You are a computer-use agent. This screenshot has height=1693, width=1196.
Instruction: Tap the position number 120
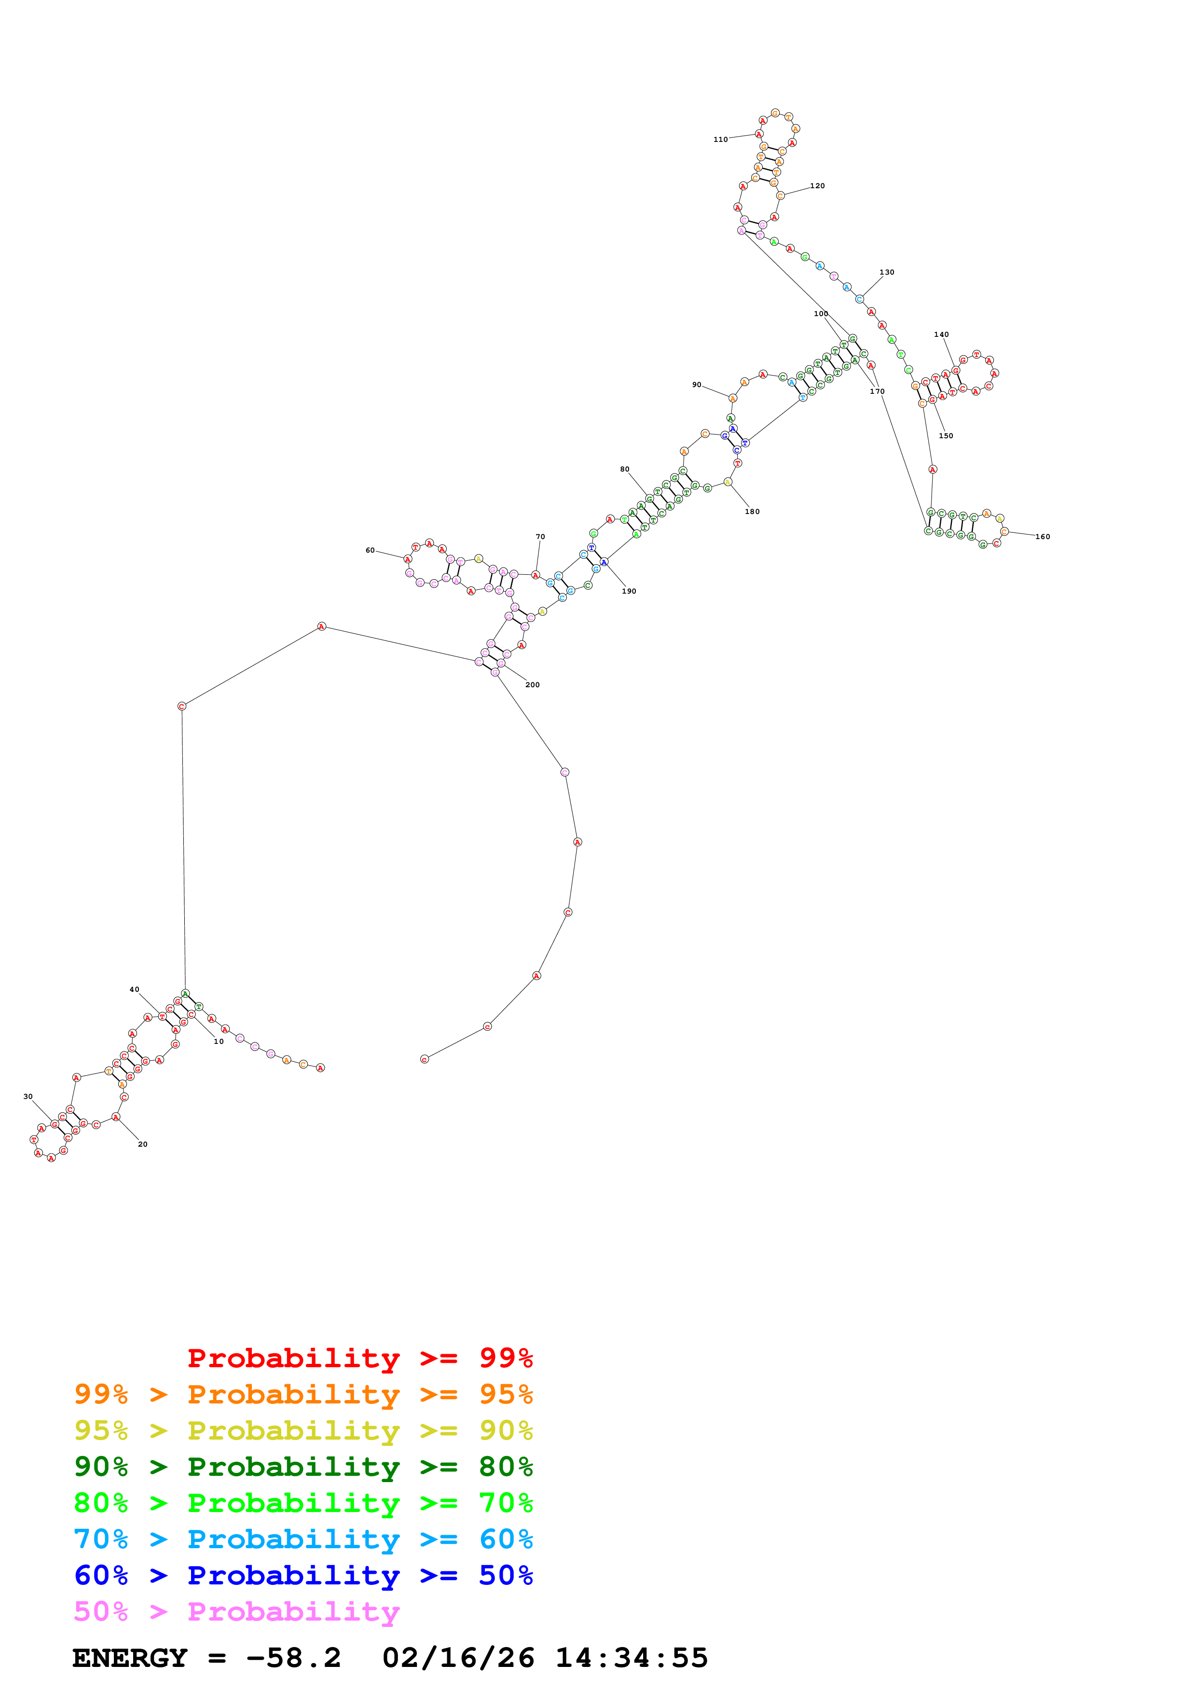[x=817, y=186]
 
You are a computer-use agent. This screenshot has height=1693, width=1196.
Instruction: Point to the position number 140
[x=941, y=335]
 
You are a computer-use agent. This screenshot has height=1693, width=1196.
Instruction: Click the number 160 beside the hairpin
[x=1042, y=537]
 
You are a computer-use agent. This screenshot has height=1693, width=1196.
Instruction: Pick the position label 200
[x=532, y=685]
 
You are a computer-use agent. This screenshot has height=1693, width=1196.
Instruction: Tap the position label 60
[x=370, y=550]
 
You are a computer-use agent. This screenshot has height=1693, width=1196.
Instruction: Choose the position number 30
[x=28, y=1096]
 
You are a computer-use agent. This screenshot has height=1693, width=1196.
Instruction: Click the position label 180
[x=752, y=512]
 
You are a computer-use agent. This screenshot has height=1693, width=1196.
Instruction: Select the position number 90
[x=696, y=385]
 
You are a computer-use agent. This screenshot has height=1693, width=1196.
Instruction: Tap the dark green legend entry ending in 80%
[x=303, y=1467]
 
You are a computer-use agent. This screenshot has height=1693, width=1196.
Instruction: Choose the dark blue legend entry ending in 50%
[x=303, y=1575]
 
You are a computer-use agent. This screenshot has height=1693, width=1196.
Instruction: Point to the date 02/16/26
[x=458, y=1658]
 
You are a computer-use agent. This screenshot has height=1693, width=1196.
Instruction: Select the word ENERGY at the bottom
[x=130, y=1658]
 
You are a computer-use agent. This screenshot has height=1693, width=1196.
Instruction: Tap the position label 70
[x=540, y=537]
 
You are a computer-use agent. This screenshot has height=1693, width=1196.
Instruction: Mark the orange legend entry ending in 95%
[x=303, y=1394]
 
